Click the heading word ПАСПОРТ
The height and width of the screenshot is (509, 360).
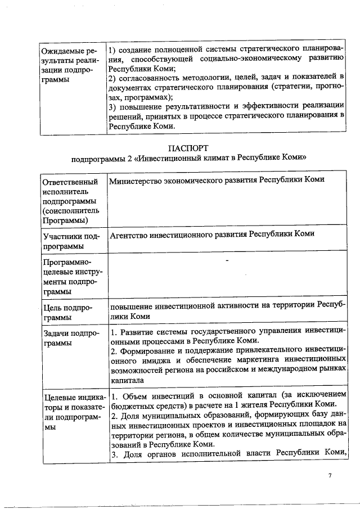tap(188, 147)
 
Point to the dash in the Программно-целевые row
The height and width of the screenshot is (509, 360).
tap(227, 261)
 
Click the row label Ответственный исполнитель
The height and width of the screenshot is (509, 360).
tap(70, 187)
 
